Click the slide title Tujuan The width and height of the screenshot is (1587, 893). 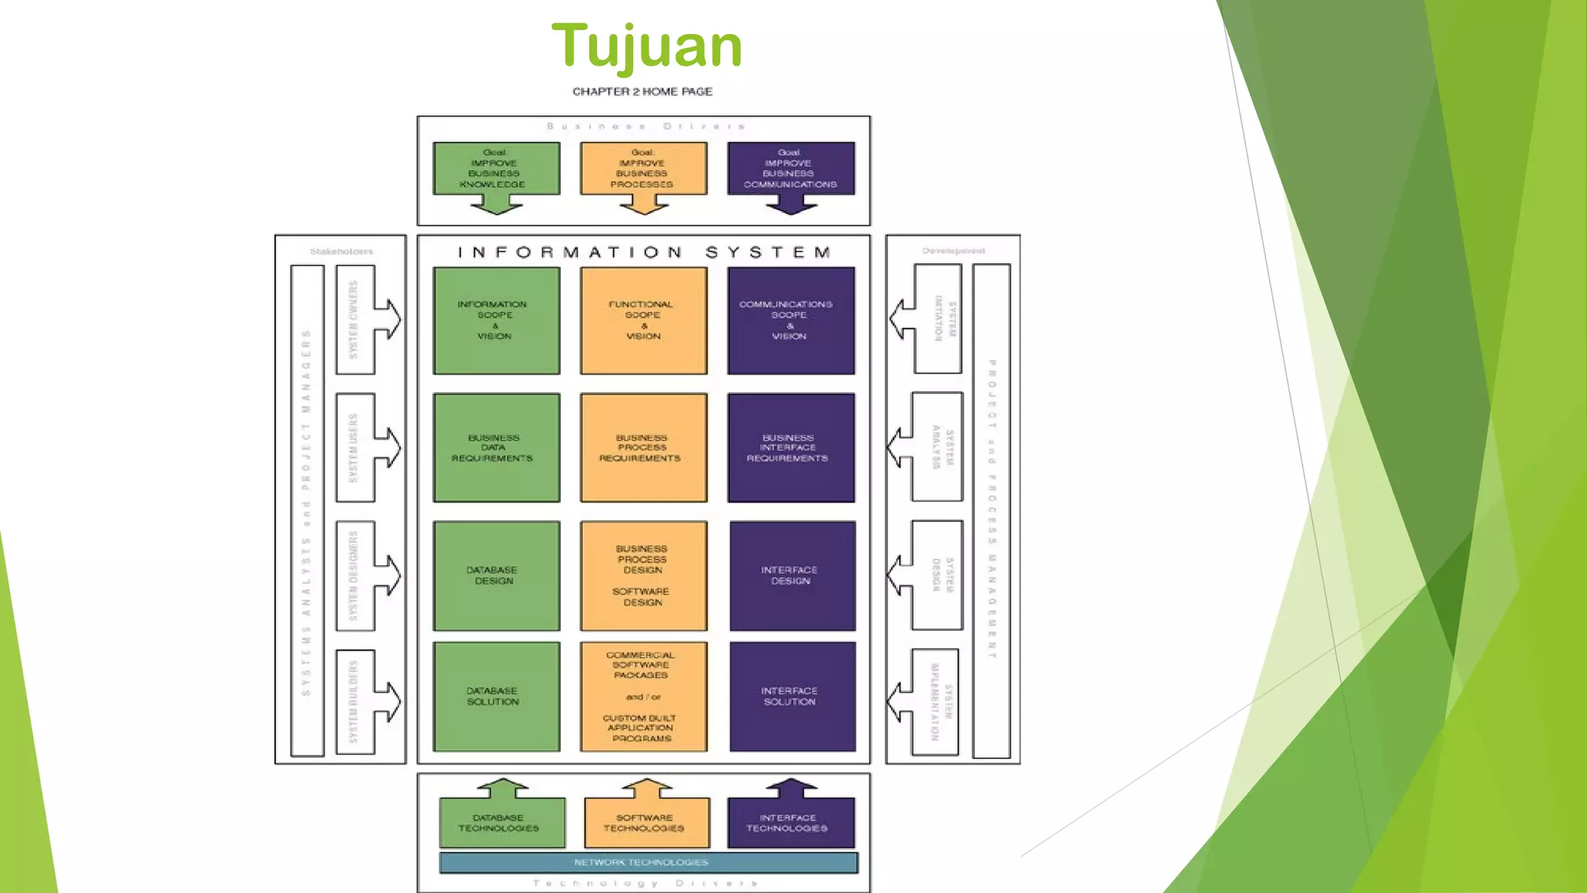pos(646,47)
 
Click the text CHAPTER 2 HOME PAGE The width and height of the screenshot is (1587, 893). pos(642,91)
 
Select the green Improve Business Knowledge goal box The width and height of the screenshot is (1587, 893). pos(496,168)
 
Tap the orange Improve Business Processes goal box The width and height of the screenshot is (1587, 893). pos(643,168)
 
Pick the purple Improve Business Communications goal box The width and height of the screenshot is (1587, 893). pos(790,168)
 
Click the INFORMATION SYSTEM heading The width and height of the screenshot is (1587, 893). pos(644,253)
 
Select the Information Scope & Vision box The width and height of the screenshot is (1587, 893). pos(496,321)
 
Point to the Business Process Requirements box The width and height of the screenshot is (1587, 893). pos(643,448)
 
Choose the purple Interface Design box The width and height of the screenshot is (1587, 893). pos(792,576)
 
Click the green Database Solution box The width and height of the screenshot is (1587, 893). pos(496,696)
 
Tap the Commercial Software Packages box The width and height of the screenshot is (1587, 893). pos(643,696)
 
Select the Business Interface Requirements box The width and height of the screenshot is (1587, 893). pos(790,448)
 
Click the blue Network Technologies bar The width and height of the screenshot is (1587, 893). pos(648,862)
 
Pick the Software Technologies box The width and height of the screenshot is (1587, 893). pos(646,823)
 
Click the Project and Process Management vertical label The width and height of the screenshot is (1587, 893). pos(992,510)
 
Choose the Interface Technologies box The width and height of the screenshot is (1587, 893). pos(790,823)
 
